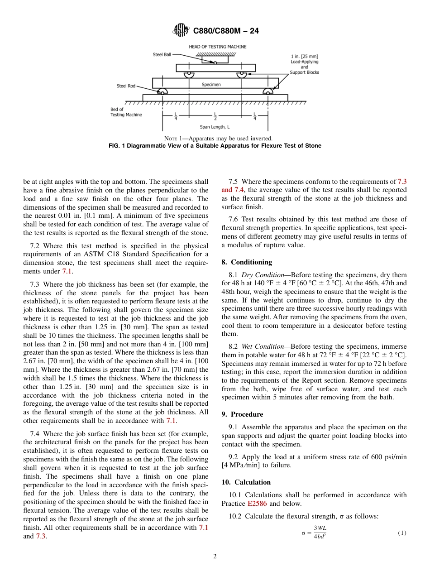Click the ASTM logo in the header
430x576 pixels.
point(181,31)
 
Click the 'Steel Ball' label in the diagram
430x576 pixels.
point(162,55)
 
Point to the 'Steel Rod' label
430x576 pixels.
point(126,86)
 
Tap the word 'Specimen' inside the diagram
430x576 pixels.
point(211,84)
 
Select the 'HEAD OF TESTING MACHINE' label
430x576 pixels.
point(217,47)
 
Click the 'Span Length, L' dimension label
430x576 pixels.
point(215,127)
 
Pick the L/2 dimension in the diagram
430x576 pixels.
point(215,116)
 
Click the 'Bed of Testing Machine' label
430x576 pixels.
point(126,112)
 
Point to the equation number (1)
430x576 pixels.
point(402,533)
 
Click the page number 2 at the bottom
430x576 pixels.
point(215,557)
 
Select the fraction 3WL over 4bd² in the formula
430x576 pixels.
point(320,533)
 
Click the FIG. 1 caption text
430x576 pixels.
point(215,145)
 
